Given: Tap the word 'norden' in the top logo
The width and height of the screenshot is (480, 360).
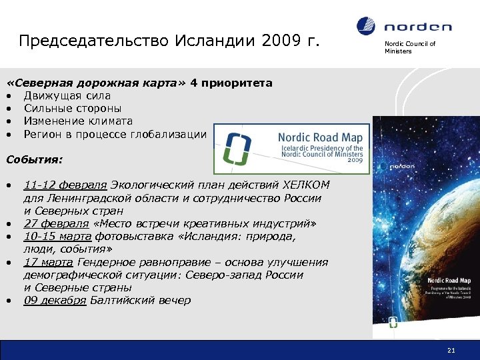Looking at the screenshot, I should (x=417, y=27).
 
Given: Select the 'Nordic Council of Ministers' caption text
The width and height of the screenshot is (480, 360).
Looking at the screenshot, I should (x=409, y=47).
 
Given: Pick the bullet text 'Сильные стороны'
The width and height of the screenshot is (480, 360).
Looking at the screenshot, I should (x=73, y=109).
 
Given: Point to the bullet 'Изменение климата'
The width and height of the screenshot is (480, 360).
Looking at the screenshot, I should (x=78, y=121).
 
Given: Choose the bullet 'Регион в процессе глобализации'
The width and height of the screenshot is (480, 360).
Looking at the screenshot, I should (x=115, y=134).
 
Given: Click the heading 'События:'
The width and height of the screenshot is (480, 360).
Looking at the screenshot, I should (x=34, y=160).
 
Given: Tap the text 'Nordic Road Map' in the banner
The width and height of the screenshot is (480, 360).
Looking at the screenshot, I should (x=320, y=137).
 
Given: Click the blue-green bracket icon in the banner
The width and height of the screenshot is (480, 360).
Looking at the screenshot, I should (x=238, y=148).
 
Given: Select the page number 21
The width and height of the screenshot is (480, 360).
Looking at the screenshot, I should (x=451, y=351).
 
